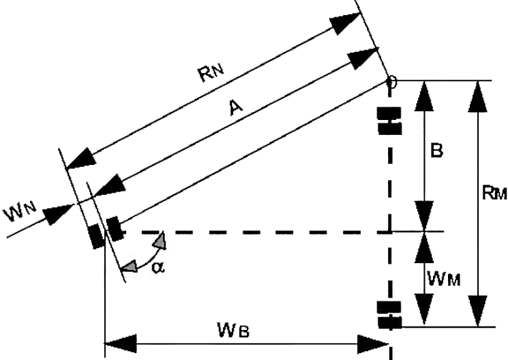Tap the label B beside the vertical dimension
tap(437, 151)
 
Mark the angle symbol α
tap(158, 267)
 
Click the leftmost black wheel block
tap(96, 235)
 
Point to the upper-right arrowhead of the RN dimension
tap(345, 25)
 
